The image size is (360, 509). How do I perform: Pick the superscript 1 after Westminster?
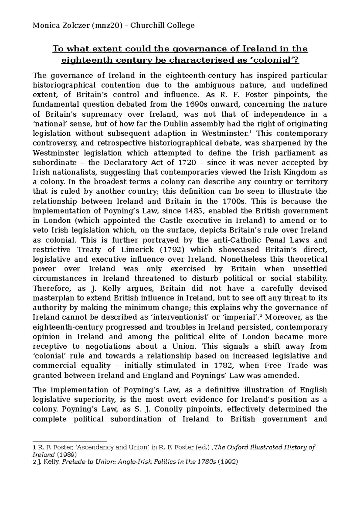pos(251,132)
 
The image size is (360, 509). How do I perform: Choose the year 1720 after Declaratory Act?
pos(187,163)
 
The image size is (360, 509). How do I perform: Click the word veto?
pos(41,231)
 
